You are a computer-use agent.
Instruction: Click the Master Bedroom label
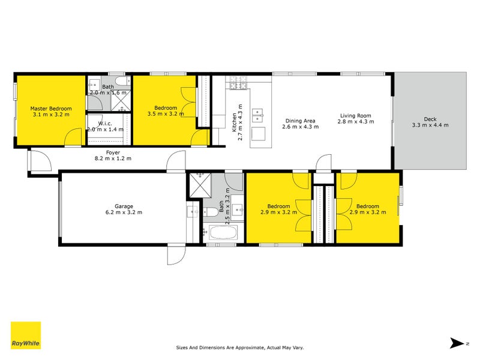click(51, 109)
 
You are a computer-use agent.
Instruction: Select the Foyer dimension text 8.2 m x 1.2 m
click(112, 158)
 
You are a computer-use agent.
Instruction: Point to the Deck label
click(430, 118)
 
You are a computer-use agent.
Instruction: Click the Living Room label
click(355, 116)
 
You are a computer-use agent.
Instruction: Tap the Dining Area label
click(300, 120)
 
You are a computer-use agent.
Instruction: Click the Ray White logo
click(26, 335)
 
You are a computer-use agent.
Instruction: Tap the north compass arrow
click(458, 343)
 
